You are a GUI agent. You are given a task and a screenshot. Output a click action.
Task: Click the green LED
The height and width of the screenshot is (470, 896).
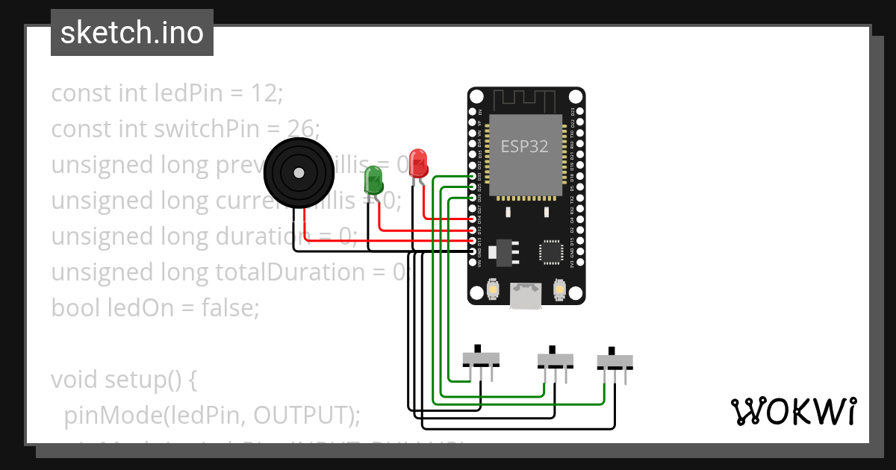(373, 180)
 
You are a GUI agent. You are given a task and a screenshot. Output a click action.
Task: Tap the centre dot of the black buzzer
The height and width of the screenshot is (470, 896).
(299, 173)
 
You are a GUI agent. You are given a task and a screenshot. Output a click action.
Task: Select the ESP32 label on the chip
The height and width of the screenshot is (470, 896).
(524, 146)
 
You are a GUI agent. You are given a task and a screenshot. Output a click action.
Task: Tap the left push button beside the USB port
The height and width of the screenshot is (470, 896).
(494, 289)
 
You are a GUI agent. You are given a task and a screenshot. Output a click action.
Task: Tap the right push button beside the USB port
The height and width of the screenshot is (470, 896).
(559, 289)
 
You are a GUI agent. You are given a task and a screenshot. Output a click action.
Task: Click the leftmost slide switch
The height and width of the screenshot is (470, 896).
(481, 360)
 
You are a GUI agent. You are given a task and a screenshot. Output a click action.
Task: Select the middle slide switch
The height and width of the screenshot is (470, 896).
(556, 360)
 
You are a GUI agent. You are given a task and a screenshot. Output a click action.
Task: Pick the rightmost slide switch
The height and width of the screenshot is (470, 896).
(615, 361)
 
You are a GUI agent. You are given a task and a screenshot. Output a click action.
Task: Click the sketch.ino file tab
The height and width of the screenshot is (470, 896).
(132, 33)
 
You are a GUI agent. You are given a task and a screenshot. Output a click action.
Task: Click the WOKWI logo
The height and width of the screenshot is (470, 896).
(793, 411)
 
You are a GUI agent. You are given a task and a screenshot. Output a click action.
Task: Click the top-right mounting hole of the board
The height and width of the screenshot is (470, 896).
(575, 98)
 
